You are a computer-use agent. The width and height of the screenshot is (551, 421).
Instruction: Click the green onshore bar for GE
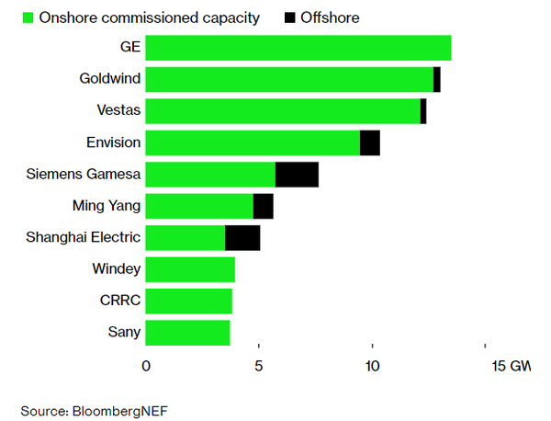tap(298, 48)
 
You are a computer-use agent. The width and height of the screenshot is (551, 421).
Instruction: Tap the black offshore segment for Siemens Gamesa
tap(297, 175)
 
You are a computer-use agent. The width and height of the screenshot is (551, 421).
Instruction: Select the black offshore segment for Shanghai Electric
tap(242, 237)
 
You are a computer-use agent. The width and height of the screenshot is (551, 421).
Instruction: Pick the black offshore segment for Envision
tap(369, 142)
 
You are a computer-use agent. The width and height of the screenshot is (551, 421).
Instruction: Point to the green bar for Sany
tap(187, 332)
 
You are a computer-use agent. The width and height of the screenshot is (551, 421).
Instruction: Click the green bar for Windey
tap(190, 269)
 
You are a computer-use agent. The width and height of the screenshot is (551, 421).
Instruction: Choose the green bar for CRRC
tap(189, 301)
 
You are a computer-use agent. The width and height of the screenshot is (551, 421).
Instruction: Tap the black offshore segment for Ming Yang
tap(263, 206)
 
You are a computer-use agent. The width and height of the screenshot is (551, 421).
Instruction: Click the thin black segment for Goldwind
tap(437, 79)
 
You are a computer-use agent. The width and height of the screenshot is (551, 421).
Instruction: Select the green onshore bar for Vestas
tap(283, 111)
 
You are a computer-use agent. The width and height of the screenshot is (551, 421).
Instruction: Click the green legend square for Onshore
tap(28, 17)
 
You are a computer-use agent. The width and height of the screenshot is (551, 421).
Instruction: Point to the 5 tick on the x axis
tap(259, 367)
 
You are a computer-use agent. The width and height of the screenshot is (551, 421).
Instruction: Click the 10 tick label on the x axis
tap(372, 367)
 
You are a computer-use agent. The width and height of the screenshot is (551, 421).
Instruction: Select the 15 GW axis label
tap(511, 367)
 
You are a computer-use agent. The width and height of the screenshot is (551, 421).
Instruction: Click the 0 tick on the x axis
tap(146, 367)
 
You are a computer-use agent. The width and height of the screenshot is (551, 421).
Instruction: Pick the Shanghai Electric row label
tap(84, 237)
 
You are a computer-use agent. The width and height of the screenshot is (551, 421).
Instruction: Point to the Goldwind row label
tap(110, 79)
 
